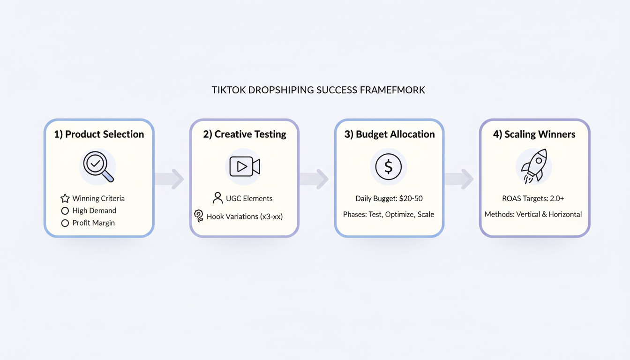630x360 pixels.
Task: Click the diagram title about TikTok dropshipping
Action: (x=318, y=90)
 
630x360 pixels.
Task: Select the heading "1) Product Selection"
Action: (x=99, y=135)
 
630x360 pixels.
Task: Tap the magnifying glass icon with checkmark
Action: (x=98, y=166)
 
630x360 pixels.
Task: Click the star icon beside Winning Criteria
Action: (x=65, y=199)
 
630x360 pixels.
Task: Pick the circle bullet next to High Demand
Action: (x=65, y=211)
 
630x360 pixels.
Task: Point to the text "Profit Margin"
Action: (x=93, y=223)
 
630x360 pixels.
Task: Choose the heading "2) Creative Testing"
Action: (x=244, y=135)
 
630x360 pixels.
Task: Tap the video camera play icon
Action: (x=244, y=167)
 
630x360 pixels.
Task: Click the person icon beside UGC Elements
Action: (x=217, y=198)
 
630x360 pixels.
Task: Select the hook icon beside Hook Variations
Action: (x=199, y=216)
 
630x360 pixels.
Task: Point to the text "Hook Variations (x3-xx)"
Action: (x=245, y=217)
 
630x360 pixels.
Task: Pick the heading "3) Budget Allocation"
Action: (x=389, y=135)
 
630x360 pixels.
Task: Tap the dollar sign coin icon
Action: (x=388, y=167)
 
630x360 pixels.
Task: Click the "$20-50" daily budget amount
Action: (x=411, y=199)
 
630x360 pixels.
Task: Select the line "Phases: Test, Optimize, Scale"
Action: (x=389, y=215)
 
